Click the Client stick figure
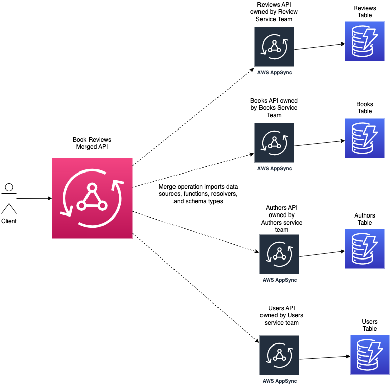coord(8,199)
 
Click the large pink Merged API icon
coord(92,198)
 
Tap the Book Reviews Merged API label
coord(92,143)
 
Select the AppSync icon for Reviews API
coord(274,47)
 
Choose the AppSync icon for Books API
coord(274,143)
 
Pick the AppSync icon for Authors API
coord(279,254)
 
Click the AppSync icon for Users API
coord(279,355)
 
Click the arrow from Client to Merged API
coord(33,199)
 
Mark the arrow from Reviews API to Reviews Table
coord(320,47)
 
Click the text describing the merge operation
coord(198,194)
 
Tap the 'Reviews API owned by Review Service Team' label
coord(274,12)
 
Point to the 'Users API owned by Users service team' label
coord(282,315)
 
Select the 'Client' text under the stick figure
coord(9,221)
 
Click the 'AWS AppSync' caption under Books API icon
coord(274,169)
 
